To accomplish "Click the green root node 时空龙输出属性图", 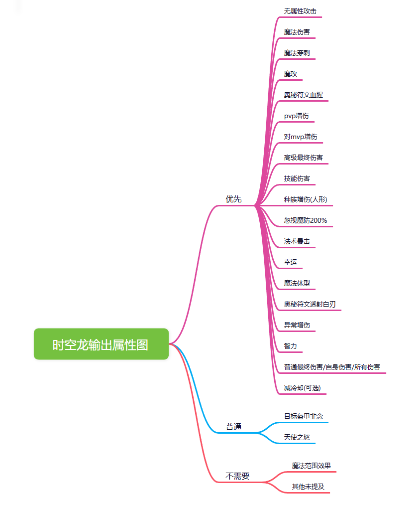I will (x=101, y=344).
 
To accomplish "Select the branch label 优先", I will (x=233, y=199).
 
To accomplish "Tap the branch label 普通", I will (x=233, y=427).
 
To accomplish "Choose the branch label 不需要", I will (x=237, y=476).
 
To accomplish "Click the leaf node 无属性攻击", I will (x=300, y=10).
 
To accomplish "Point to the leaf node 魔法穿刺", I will (x=297, y=52).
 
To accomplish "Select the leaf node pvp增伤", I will (x=296, y=116).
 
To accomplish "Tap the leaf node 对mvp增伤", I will (x=301, y=137).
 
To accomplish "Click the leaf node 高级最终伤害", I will (x=303, y=158).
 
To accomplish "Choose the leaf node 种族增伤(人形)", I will (x=305, y=199).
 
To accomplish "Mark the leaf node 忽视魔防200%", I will (x=305, y=220).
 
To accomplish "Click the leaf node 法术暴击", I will (x=297, y=241).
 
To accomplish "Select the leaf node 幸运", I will (x=291, y=262).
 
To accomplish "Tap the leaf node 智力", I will (x=291, y=346).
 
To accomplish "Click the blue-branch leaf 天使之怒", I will (x=297, y=437).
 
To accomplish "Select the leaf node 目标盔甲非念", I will (x=304, y=416).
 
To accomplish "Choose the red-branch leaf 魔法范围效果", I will (x=311, y=466).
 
